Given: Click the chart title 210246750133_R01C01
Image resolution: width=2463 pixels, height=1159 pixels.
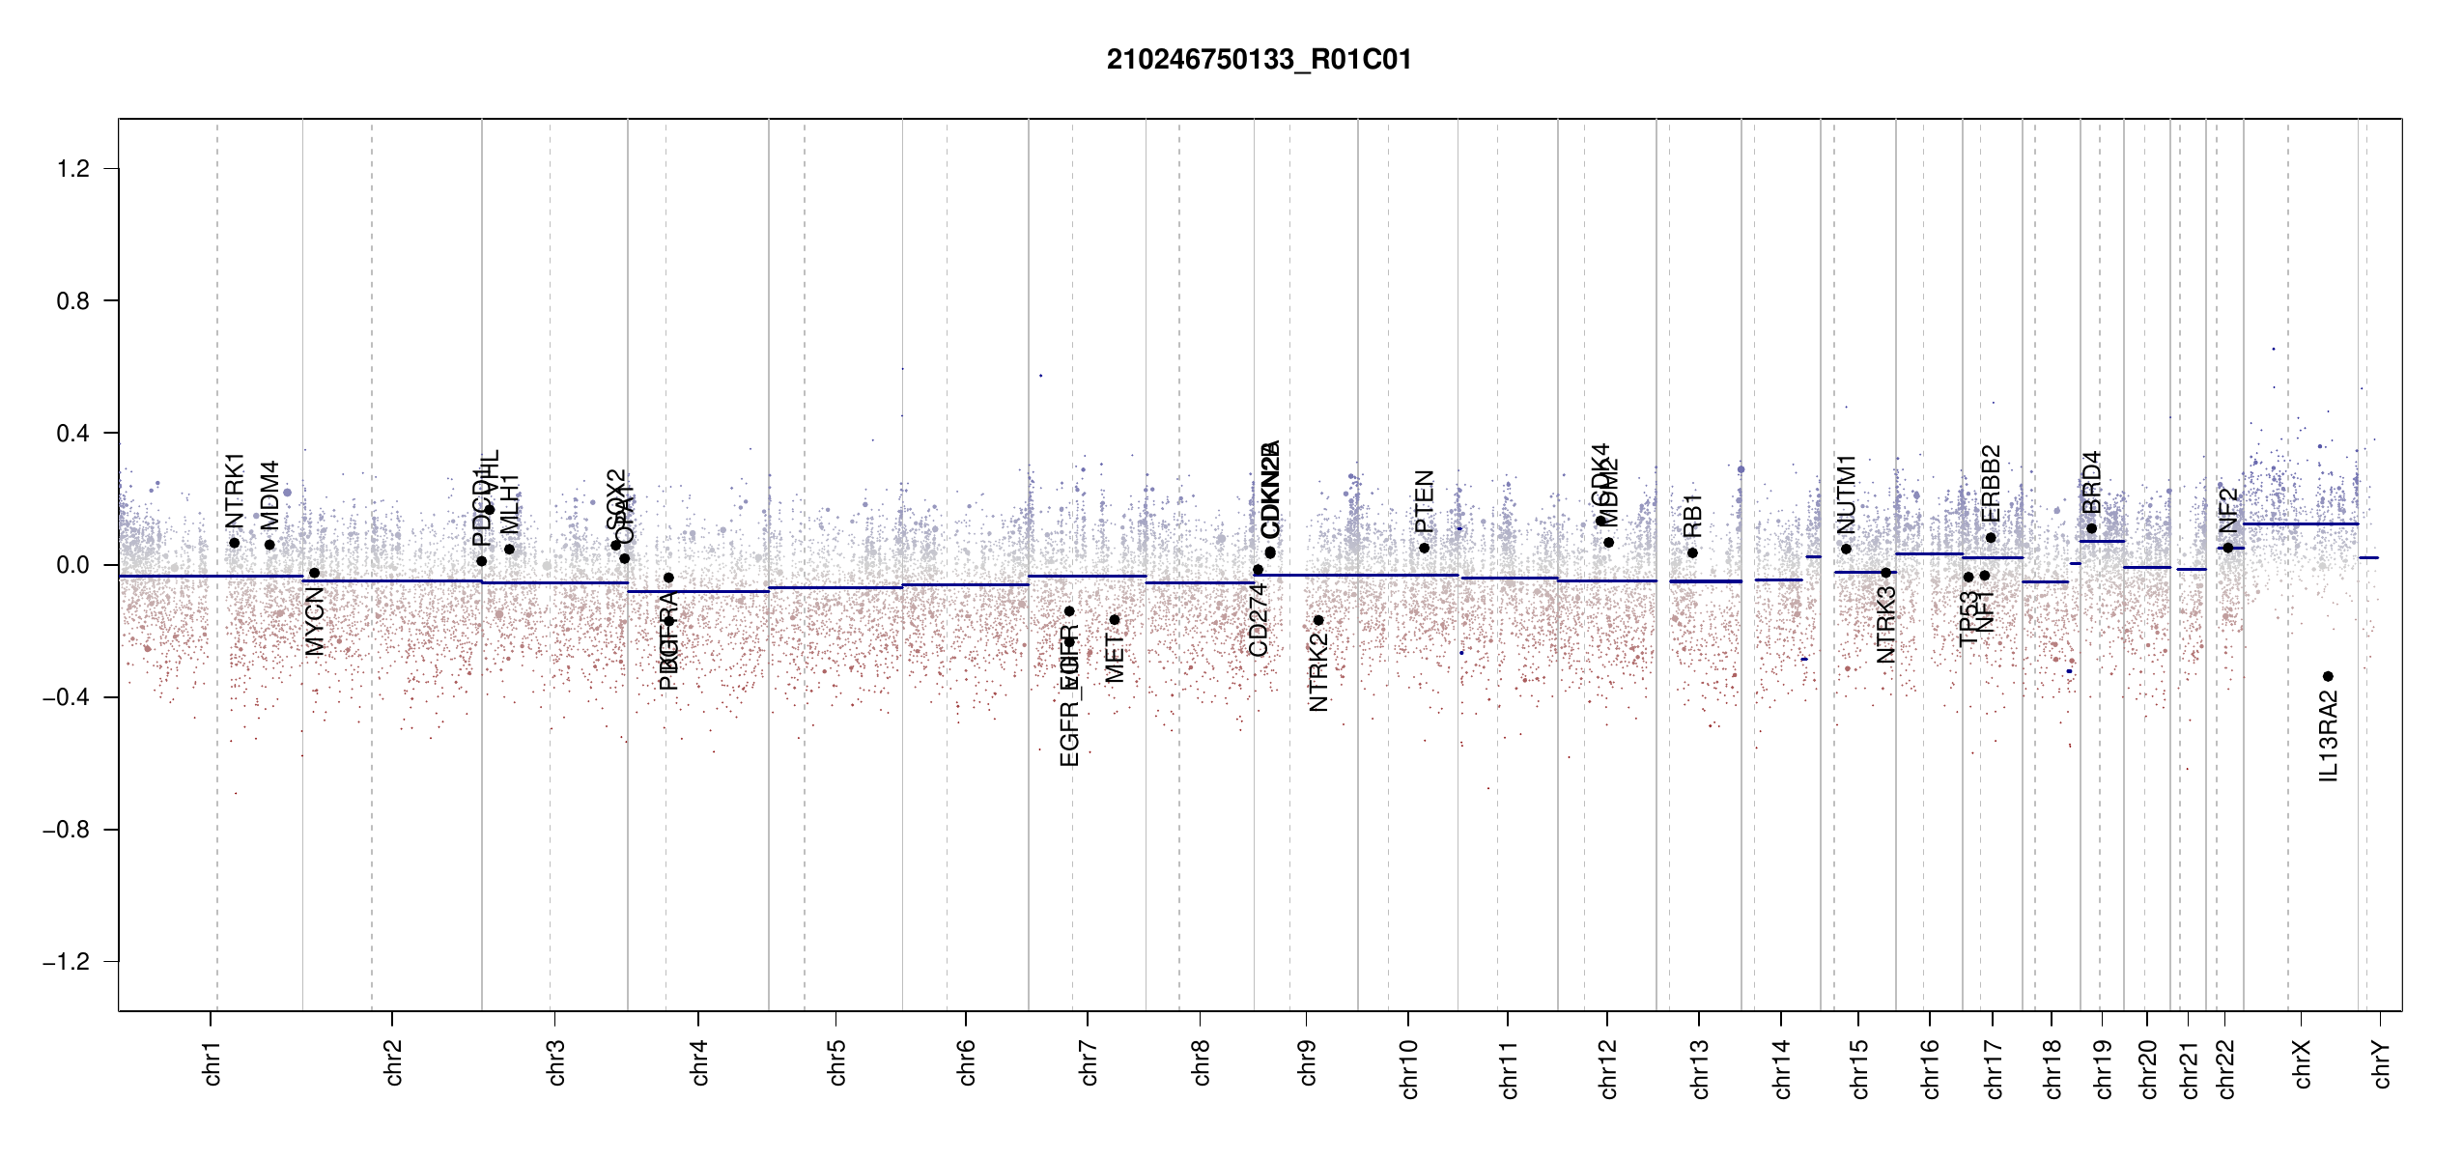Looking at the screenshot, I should (1259, 60).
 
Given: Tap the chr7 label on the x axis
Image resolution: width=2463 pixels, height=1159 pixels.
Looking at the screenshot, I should (1089, 1062).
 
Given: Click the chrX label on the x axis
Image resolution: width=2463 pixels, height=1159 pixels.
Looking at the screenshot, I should (2302, 1063).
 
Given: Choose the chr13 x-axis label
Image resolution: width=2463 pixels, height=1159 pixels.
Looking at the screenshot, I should (1699, 1068).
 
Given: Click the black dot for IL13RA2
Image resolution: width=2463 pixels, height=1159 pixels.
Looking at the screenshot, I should (2328, 676).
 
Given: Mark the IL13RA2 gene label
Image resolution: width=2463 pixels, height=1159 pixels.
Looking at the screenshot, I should (2329, 736).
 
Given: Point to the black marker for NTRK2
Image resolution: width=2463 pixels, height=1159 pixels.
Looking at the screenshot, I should (1318, 620).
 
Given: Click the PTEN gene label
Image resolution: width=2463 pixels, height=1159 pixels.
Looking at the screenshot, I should (1424, 502).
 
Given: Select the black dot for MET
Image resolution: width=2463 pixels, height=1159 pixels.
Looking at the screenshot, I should (1115, 620).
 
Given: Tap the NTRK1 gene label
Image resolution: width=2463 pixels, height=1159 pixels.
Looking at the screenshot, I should (235, 491).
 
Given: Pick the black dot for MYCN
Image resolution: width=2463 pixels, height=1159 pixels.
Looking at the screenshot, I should (314, 573).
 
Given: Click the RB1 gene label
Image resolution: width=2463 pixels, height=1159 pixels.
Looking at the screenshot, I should (1692, 516).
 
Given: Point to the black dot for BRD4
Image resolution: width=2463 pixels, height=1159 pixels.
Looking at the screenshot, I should (2091, 528).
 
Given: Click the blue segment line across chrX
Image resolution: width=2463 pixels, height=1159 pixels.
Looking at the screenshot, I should (2300, 523).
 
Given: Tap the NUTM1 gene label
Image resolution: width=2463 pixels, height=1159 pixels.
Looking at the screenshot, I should (1846, 494).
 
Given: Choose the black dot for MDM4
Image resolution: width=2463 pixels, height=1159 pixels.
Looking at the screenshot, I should (269, 545).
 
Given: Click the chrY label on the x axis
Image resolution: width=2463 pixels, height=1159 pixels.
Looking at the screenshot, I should (2381, 1063).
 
